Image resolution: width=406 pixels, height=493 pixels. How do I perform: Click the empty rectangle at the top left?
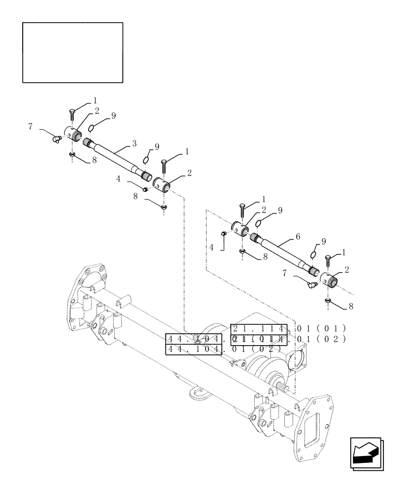(72, 52)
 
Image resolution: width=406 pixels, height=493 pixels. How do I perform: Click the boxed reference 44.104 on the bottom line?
(194, 350)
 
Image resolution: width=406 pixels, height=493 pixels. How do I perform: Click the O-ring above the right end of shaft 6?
(314, 254)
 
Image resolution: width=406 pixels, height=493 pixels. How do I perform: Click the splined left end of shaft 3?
(89, 143)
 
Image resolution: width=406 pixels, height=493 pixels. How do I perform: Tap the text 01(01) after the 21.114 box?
(321, 329)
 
